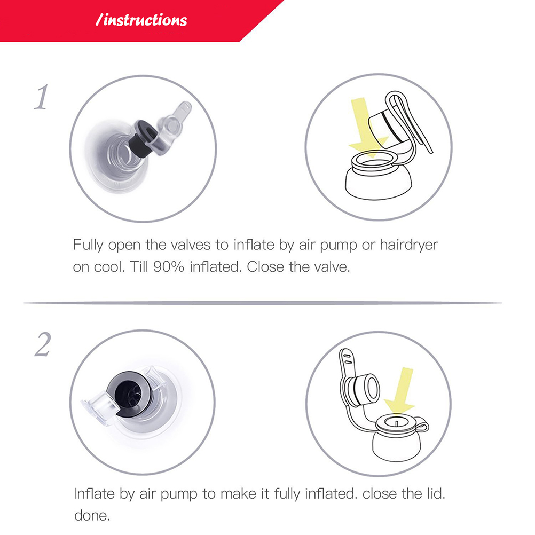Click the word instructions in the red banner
(145, 20)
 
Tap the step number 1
(41, 97)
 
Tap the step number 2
(43, 344)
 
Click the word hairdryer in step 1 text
(409, 245)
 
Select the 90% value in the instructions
(169, 267)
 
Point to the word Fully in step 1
(88, 245)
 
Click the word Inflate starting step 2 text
(95, 494)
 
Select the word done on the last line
(92, 516)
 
